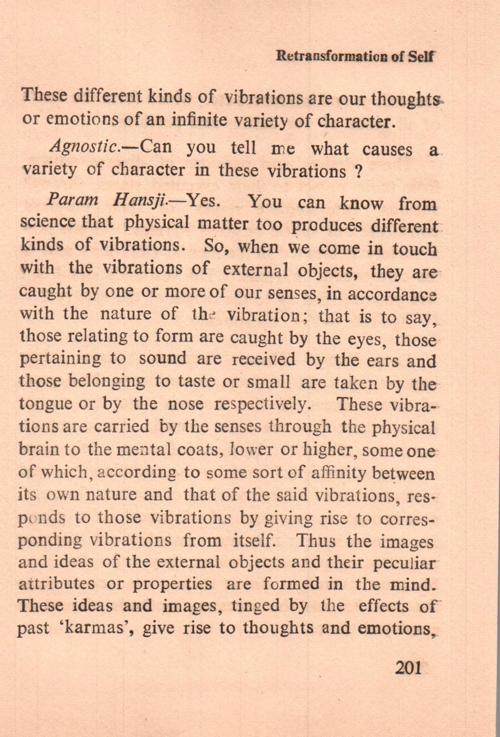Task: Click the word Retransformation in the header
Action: [x=332, y=56]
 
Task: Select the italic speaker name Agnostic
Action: [x=90, y=148]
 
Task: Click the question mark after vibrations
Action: [x=359, y=172]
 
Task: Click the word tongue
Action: [x=43, y=404]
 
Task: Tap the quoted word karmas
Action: [x=103, y=629]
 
